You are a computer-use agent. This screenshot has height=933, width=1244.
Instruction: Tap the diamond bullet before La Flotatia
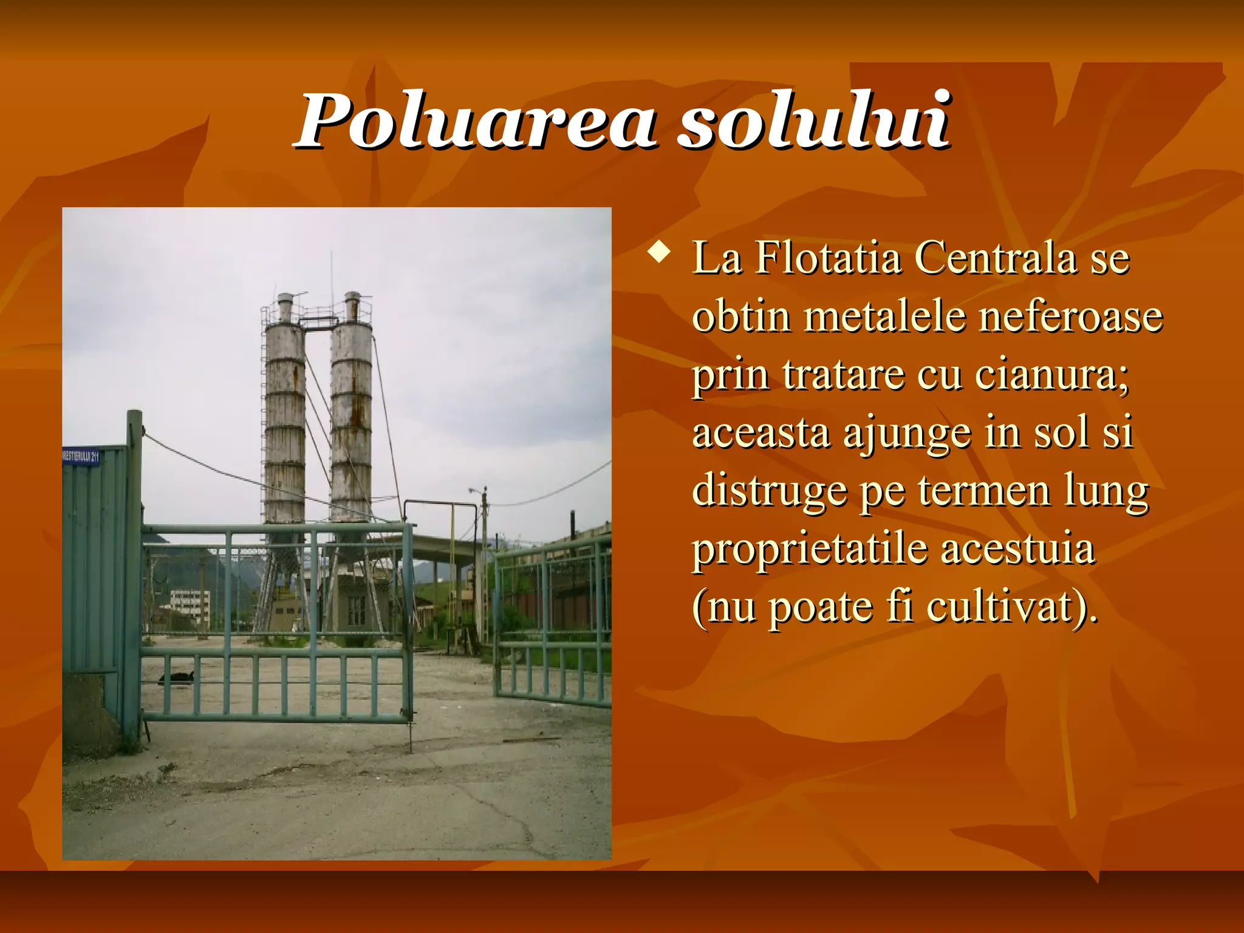point(659,251)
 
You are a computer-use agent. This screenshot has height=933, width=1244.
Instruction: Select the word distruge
point(769,491)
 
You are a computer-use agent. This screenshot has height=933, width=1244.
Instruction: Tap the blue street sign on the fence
point(80,456)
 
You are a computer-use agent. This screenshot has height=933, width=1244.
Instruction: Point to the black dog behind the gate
point(177,677)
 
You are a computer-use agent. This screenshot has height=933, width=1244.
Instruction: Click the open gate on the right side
point(553,626)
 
